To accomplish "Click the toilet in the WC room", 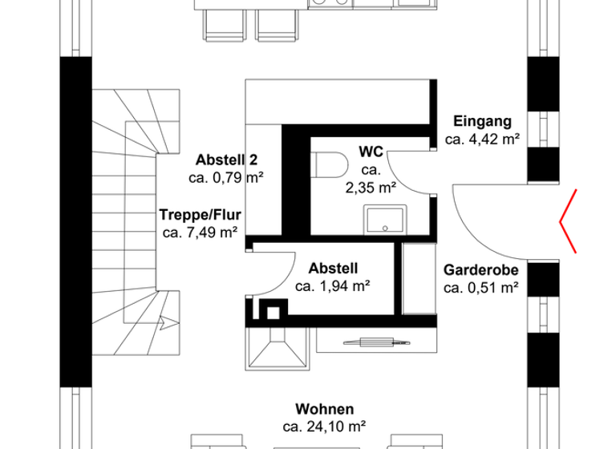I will click(330, 166).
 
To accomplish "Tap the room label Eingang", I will click(482, 122).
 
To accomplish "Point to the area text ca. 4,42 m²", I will click(482, 139).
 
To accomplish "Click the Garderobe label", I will click(481, 270).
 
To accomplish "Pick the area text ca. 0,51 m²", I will click(481, 288).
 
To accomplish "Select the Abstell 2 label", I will click(226, 160).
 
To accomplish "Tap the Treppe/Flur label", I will click(200, 215).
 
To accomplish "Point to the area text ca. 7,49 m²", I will click(200, 233).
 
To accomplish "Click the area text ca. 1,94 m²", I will click(332, 285).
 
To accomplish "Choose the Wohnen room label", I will click(324, 409).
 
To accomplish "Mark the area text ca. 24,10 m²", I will click(324, 426).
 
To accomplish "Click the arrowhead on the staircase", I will click(164, 324).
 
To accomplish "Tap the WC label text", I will click(371, 151).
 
